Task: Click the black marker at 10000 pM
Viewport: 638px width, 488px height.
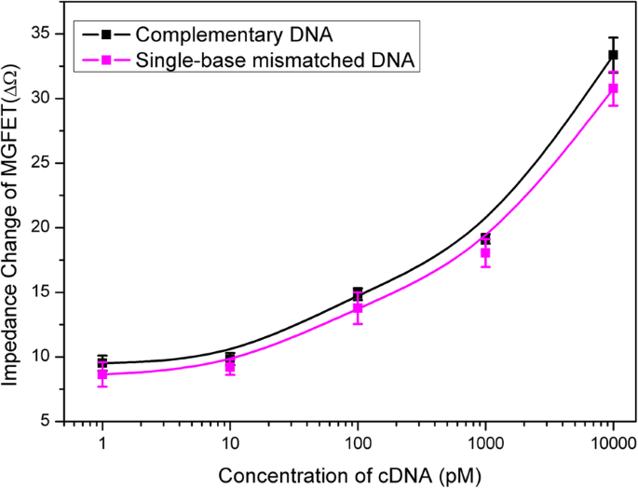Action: coord(613,55)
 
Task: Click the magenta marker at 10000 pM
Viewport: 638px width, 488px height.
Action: coord(613,88)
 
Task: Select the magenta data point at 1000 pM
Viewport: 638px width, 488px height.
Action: coord(485,252)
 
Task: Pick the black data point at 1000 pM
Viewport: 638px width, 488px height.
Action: coord(485,238)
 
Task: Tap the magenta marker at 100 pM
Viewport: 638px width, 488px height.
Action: coord(358,307)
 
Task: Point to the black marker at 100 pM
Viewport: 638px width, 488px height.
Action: coord(358,293)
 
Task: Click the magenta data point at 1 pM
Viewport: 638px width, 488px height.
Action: coord(102,374)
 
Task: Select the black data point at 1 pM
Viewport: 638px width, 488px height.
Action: coord(102,361)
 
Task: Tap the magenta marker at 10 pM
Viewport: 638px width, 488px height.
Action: coord(230,367)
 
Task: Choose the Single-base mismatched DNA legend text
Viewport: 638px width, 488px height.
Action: coord(276,61)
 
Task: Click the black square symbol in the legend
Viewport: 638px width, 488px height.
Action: coord(106,34)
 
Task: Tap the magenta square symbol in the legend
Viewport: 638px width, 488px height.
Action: coord(106,61)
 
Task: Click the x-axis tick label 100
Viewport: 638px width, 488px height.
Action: coord(358,441)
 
